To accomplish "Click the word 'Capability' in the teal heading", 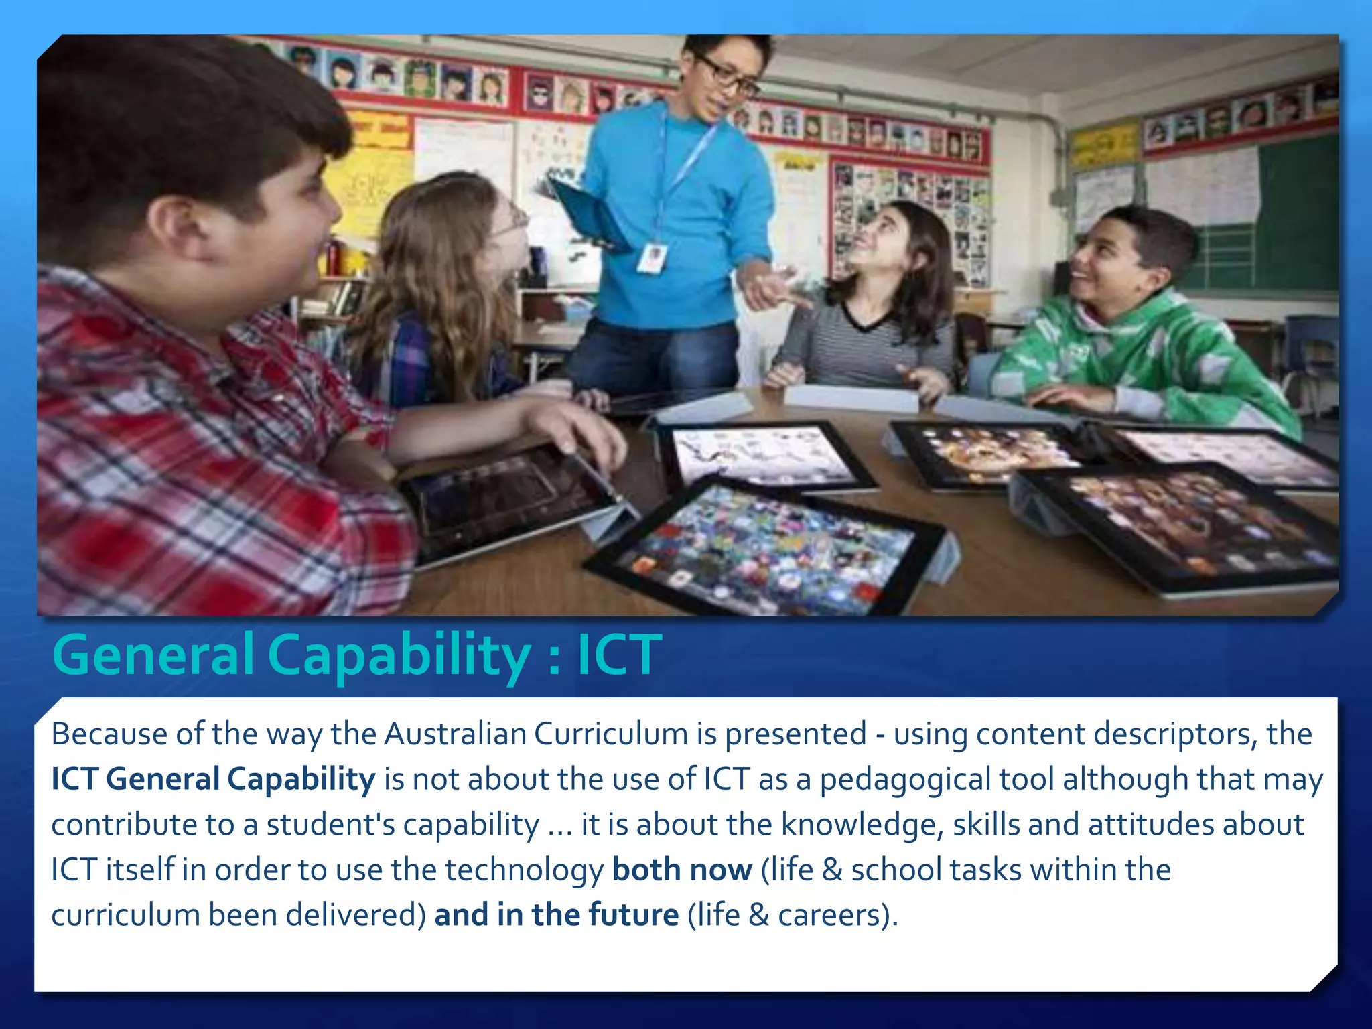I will [399, 655].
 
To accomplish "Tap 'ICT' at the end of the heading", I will [619, 655].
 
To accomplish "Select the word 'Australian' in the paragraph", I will [455, 734].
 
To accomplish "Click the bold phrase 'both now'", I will [682, 870].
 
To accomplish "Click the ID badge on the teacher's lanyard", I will [652, 259].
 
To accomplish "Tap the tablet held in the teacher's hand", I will [588, 213].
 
